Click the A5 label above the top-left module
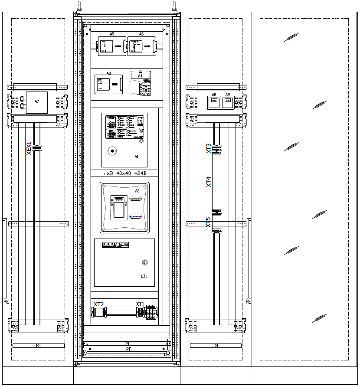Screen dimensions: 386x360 [x=112, y=33]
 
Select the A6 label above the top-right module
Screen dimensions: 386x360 [x=141, y=33]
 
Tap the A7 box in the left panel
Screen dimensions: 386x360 [x=37, y=102]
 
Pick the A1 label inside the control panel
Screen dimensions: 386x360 [x=137, y=157]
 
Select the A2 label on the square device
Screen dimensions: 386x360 [x=137, y=191]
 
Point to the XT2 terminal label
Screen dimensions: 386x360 [x=98, y=304]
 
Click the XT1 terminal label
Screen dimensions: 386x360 [x=140, y=304]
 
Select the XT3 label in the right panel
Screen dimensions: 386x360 [x=209, y=148]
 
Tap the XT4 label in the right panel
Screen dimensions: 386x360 [x=209, y=182]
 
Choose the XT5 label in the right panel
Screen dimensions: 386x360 [x=209, y=222]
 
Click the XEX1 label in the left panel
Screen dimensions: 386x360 [x=29, y=148]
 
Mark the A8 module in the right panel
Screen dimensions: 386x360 [x=214, y=103]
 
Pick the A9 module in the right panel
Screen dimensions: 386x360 [x=227, y=103]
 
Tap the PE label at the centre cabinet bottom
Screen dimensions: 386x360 [x=128, y=349]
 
